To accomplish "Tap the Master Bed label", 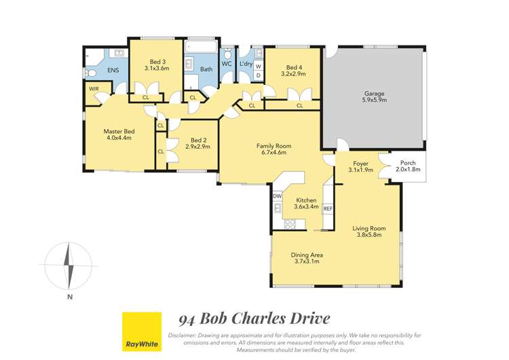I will [x=117, y=134].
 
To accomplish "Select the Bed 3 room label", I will [x=155, y=64].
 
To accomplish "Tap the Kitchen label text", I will [x=306, y=204].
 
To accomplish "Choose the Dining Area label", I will [x=307, y=258].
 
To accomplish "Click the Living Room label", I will [x=369, y=232].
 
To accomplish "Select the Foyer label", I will [x=360, y=166].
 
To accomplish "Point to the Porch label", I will [x=407, y=166].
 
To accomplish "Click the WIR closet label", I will [x=94, y=89].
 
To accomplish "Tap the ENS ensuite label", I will [x=112, y=70].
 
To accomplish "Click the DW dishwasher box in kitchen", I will [x=277, y=196].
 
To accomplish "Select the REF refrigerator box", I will [x=328, y=209].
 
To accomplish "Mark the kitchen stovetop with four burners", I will [x=290, y=224].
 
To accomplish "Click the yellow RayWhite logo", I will [x=141, y=331].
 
